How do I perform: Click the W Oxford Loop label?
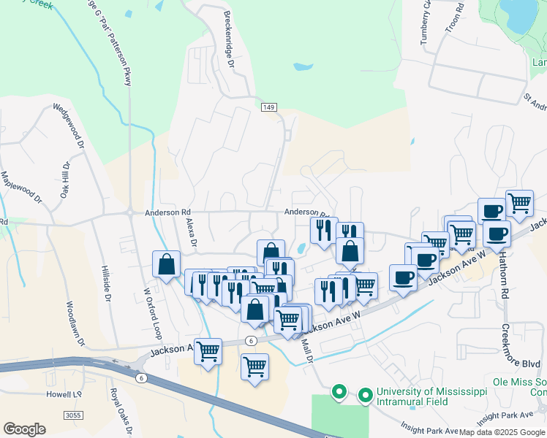[x=151, y=314]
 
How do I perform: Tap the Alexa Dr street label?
[x=192, y=232]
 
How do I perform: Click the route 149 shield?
[x=269, y=107]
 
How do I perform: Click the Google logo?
[x=24, y=429]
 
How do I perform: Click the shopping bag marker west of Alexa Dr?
[x=167, y=264]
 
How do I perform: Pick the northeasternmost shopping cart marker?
[x=520, y=204]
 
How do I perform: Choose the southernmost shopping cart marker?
[x=254, y=366]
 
